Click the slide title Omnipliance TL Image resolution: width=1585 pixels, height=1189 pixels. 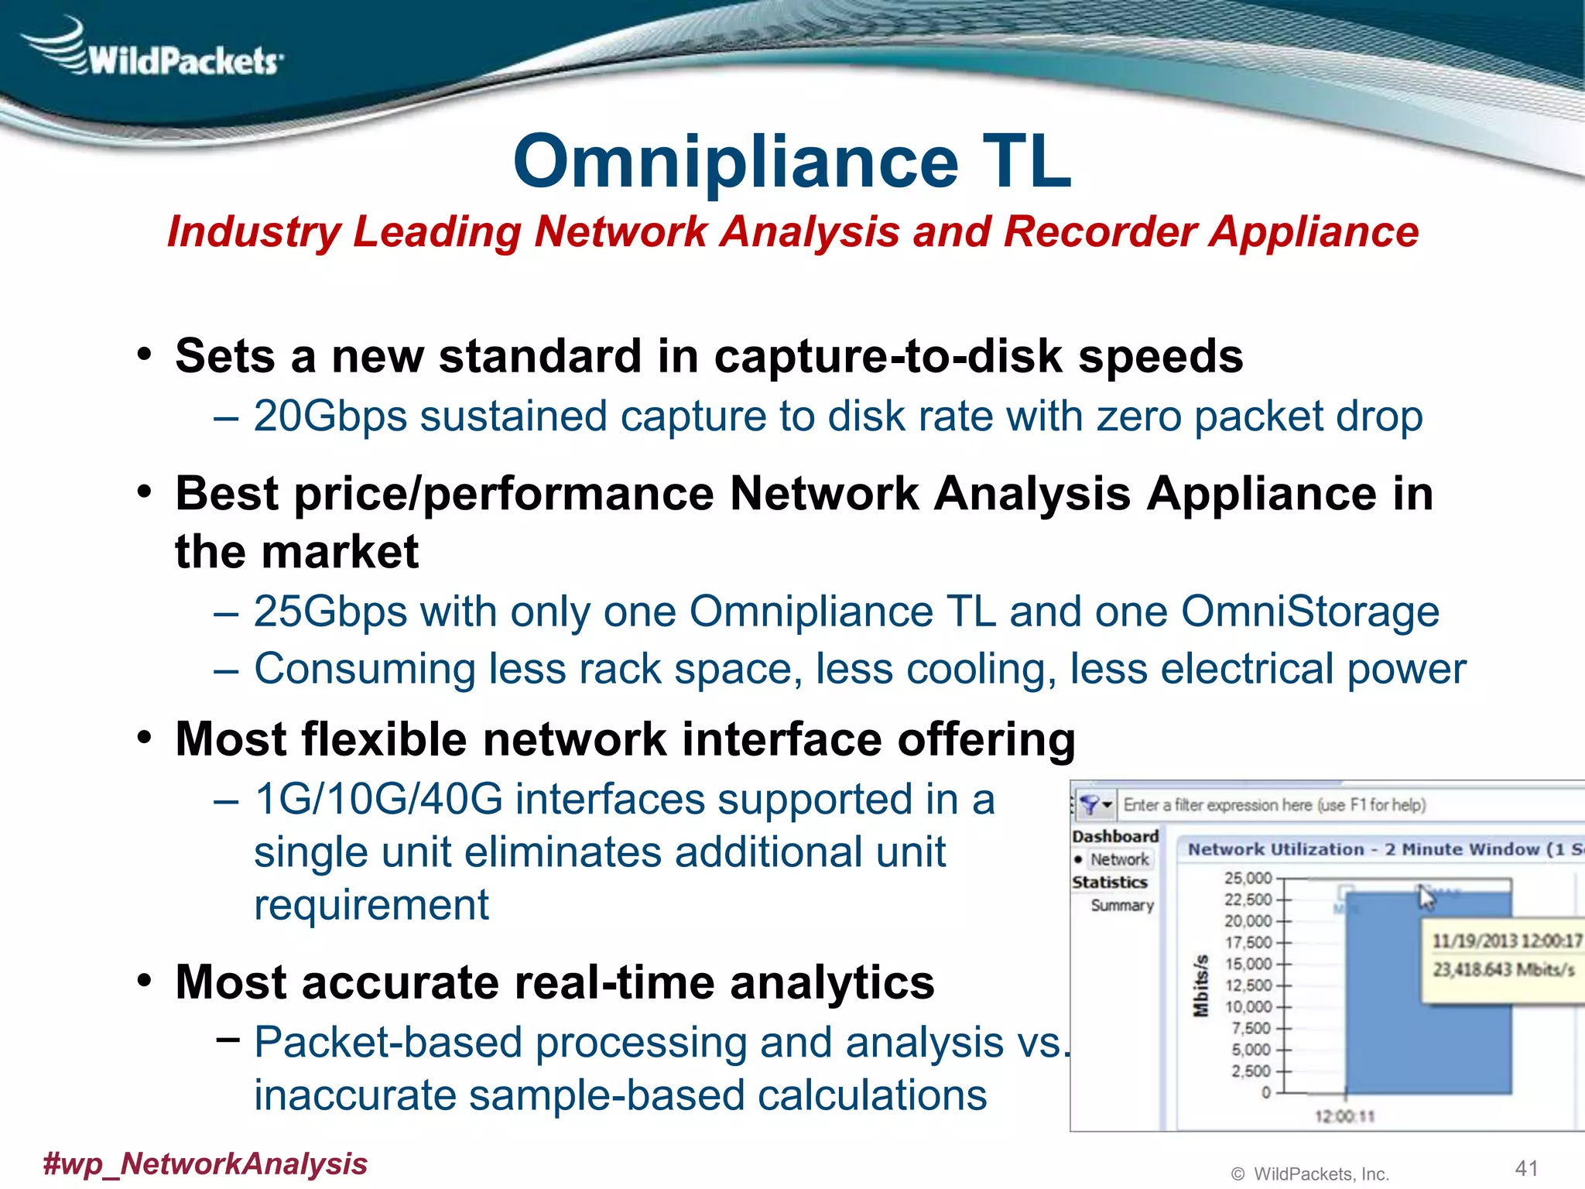pos(792,161)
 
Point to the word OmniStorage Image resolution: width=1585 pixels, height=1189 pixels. pos(1309,612)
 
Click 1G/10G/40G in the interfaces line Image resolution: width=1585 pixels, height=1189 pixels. pos(378,799)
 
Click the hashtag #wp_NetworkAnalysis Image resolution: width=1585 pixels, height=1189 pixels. pos(205,1163)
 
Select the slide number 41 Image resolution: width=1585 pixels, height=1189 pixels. pos(1526,1167)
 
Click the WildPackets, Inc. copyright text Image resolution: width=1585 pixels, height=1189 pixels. pos(1320,1174)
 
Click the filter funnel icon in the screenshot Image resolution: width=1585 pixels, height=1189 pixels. pos(1090,805)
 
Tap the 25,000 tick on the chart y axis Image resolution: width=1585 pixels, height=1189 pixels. pos(1248,878)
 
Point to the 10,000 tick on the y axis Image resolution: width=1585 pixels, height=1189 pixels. pos(1248,1006)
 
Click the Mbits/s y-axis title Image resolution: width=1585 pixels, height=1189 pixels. pos(1200,985)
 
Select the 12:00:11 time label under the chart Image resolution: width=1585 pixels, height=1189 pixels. pos(1344,1115)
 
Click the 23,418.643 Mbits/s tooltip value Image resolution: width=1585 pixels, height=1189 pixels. pos(1503,969)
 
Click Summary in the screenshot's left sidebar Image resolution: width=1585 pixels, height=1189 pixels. pos(1121,905)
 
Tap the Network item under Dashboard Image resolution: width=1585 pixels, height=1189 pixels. pos(1119,859)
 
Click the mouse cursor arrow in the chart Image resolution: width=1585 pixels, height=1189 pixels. pos(1426,898)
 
